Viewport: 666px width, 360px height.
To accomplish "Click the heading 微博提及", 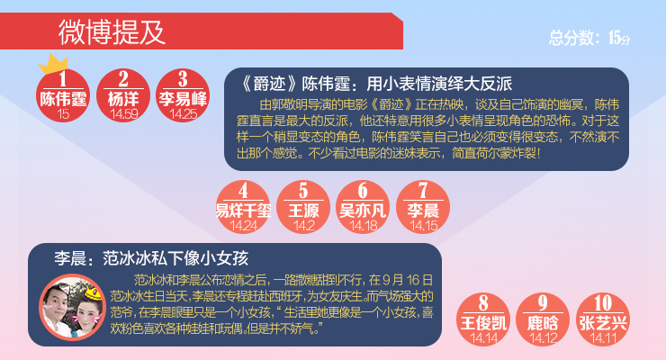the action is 112,32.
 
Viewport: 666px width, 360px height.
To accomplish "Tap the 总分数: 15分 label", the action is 589,38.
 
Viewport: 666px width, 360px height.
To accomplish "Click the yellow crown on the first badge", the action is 53,64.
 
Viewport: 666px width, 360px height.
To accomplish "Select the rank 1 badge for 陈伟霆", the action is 63,95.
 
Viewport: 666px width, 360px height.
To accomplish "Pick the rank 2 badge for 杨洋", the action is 123,95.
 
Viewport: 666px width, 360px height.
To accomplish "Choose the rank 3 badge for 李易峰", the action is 183,95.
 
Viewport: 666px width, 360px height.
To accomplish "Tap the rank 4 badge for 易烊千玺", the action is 243,207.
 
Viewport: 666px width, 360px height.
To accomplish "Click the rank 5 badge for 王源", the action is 303,207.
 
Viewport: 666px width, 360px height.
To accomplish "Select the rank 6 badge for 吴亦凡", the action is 363,207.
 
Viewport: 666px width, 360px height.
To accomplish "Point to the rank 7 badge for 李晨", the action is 423,207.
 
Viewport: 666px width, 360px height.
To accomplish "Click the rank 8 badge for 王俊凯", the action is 483,319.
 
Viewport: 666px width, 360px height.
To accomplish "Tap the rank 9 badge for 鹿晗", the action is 543,319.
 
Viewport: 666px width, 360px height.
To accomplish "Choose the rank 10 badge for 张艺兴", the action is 603,319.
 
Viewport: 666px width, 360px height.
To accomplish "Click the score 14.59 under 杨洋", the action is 123,114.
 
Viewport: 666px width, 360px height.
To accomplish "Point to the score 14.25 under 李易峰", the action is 183,114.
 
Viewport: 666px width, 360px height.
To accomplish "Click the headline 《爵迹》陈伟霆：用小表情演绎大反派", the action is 376,84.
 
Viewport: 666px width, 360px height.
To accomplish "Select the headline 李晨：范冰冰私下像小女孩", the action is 151,258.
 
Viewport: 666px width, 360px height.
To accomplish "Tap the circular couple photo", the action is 72,308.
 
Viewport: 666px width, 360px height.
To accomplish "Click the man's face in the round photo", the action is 56,300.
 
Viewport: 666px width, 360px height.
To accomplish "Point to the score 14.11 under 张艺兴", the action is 603,338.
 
